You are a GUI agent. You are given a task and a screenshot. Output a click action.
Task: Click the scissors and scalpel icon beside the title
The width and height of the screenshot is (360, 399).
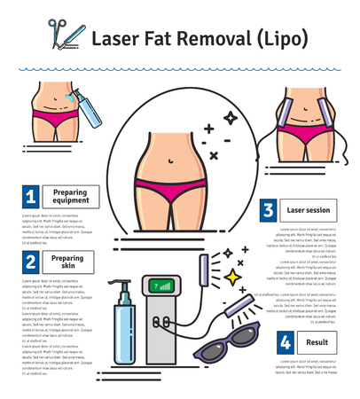59,33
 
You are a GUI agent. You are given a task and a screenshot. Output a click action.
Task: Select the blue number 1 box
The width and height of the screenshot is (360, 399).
31,195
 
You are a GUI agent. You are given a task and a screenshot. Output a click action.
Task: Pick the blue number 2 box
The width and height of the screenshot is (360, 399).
31,261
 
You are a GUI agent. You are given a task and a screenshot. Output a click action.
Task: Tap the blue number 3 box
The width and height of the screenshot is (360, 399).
266,210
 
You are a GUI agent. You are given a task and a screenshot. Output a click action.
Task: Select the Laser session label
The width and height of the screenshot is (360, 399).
309,211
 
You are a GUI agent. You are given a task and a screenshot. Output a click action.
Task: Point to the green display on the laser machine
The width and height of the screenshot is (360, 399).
162,286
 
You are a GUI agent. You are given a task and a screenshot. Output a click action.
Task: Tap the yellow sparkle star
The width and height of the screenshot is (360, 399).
233,278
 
